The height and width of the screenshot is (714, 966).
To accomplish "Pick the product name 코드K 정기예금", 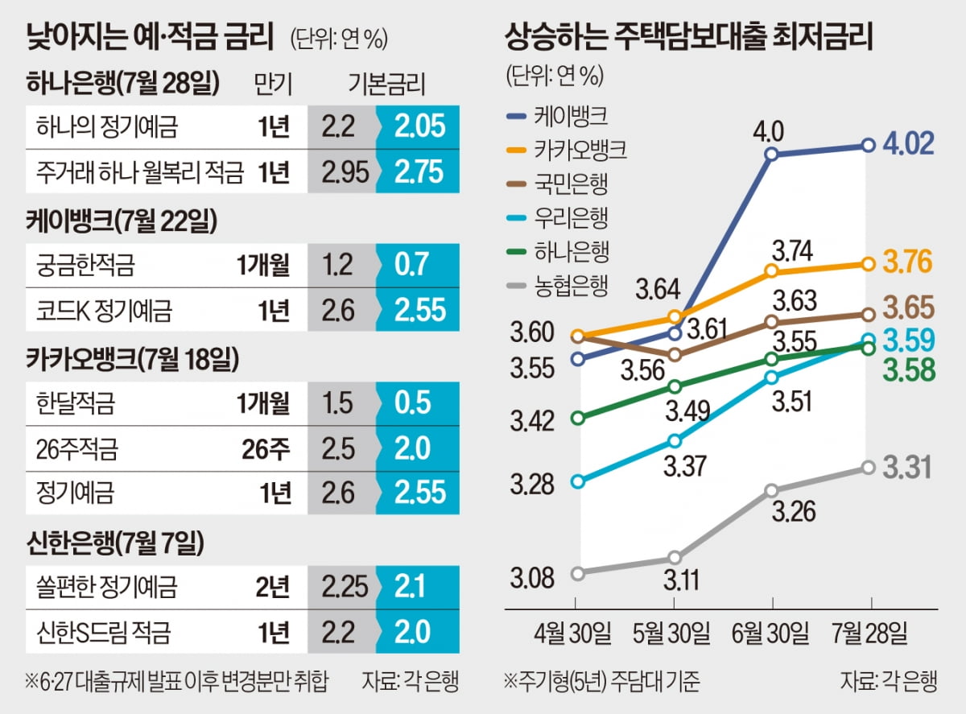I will (105, 310).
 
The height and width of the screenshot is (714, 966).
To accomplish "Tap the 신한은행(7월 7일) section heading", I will (115, 544).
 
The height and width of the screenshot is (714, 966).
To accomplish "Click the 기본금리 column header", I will (387, 82).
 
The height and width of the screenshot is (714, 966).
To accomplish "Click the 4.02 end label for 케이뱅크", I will (907, 144).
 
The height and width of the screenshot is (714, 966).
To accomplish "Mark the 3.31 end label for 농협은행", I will (907, 467).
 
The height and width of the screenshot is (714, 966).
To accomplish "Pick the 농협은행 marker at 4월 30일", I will (576, 573).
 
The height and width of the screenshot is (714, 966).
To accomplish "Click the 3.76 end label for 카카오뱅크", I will (907, 262).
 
